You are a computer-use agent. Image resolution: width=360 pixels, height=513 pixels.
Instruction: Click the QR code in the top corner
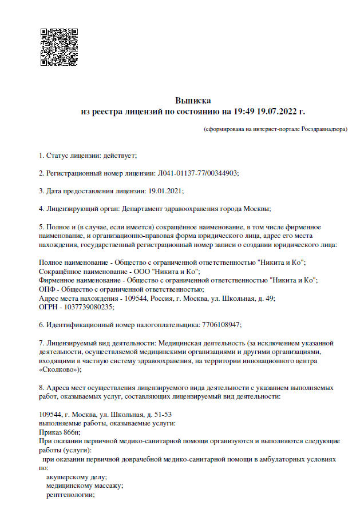point(59,47)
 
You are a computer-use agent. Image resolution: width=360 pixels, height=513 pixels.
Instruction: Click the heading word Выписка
point(193,100)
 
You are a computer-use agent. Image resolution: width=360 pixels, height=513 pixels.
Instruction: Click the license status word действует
point(120,154)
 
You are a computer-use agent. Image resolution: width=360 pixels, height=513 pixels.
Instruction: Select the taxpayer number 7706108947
point(221,324)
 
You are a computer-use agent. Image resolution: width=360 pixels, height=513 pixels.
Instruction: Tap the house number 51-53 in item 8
point(161,414)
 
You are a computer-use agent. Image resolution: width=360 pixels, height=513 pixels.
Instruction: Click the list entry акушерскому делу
point(76,477)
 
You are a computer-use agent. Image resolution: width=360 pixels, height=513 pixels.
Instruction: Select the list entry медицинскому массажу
point(84,486)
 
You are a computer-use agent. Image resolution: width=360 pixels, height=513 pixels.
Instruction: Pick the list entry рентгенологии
point(70,495)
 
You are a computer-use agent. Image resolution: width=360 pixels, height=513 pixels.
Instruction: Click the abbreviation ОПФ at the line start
point(47,289)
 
